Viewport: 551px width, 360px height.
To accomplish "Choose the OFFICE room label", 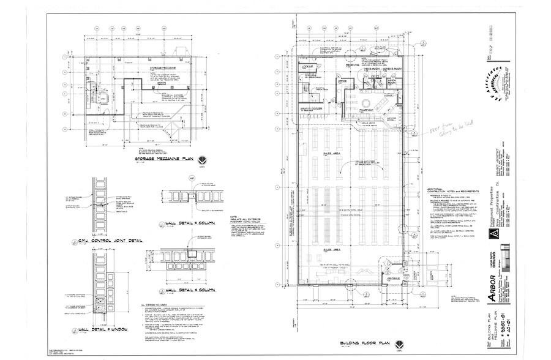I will click(x=343, y=81).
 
